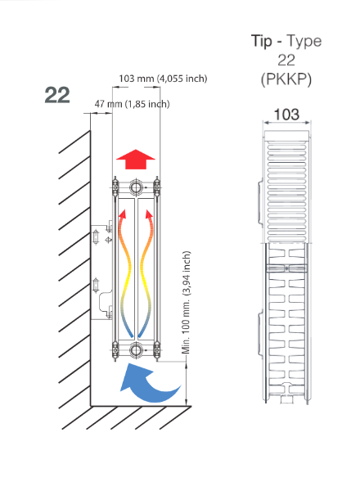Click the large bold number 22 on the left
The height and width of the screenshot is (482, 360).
(57, 95)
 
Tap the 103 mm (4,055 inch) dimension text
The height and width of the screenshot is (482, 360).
(163, 79)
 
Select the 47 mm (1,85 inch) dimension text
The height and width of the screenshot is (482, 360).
(132, 104)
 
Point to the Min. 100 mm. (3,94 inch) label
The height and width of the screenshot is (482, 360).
(187, 303)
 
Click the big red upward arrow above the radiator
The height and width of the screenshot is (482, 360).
(136, 160)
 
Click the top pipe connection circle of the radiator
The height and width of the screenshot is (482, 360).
(136, 187)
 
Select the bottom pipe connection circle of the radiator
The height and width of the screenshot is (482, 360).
(136, 350)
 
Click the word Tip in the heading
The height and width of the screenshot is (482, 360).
(262, 42)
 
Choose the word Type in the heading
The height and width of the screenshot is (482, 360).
(304, 42)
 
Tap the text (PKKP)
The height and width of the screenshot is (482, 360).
(286, 79)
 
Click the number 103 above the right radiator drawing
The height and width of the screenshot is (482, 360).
(286, 115)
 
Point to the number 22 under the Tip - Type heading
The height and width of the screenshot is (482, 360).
(286, 61)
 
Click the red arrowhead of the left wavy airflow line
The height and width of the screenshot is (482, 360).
(123, 214)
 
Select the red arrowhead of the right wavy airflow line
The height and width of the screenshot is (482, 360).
(149, 214)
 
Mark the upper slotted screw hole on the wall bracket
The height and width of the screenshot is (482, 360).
(96, 237)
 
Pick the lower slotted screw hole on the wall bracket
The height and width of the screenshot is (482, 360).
(96, 286)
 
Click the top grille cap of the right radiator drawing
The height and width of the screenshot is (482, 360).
(286, 135)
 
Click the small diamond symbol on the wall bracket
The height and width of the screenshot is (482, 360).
(108, 240)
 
